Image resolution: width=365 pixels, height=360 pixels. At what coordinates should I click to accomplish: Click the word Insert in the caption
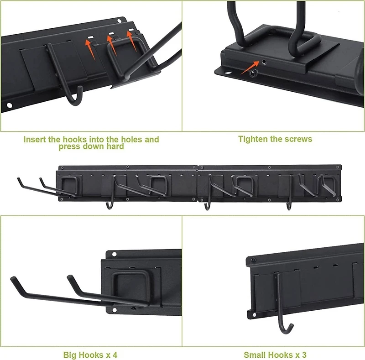tap(35, 139)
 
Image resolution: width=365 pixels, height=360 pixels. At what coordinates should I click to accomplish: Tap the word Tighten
tap(253, 139)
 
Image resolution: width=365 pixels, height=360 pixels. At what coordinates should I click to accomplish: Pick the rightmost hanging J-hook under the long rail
tap(289, 205)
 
